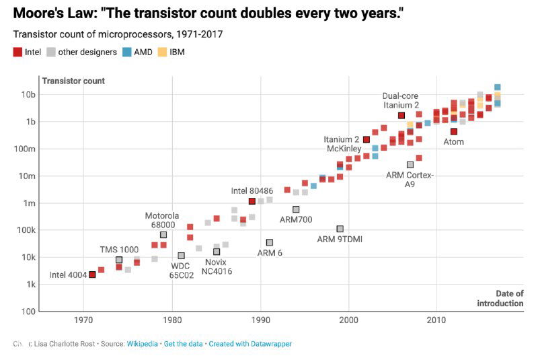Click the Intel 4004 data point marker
pyautogui.click(x=92, y=275)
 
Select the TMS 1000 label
pyautogui.click(x=119, y=249)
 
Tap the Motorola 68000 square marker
pyautogui.click(x=163, y=235)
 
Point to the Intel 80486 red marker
pyautogui.click(x=252, y=201)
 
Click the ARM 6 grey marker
pyautogui.click(x=270, y=242)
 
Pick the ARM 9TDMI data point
pyautogui.click(x=340, y=229)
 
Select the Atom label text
pyautogui.click(x=453, y=142)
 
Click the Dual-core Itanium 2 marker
pyautogui.click(x=401, y=116)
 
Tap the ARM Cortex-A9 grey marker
pyautogui.click(x=410, y=165)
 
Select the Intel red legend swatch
pyautogui.click(x=18, y=52)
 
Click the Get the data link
pyautogui.click(x=185, y=344)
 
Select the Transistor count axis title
pyautogui.click(x=73, y=81)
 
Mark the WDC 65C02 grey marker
pyautogui.click(x=181, y=256)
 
